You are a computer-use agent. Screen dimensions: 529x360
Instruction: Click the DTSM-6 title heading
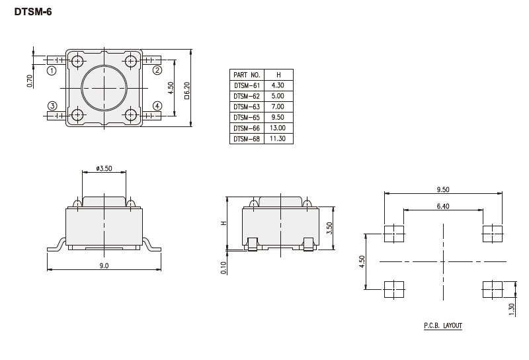pyautogui.click(x=33, y=12)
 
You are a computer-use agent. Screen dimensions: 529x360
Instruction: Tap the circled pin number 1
pyautogui.click(x=52, y=71)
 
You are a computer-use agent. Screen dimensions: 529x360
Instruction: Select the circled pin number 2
pyautogui.click(x=157, y=70)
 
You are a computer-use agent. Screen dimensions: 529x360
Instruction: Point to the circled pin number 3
pyautogui.click(x=52, y=106)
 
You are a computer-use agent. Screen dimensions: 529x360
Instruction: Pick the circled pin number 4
pyautogui.click(x=157, y=106)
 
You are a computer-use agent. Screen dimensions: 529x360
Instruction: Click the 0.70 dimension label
pyautogui.click(x=30, y=81)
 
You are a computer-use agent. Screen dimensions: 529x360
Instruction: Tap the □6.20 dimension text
pyautogui.click(x=187, y=90)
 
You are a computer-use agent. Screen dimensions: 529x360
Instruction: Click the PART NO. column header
pyautogui.click(x=247, y=75)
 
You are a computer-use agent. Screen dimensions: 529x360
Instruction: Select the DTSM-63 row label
pyautogui.click(x=247, y=107)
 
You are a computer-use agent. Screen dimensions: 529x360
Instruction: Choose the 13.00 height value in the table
pyautogui.click(x=278, y=128)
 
